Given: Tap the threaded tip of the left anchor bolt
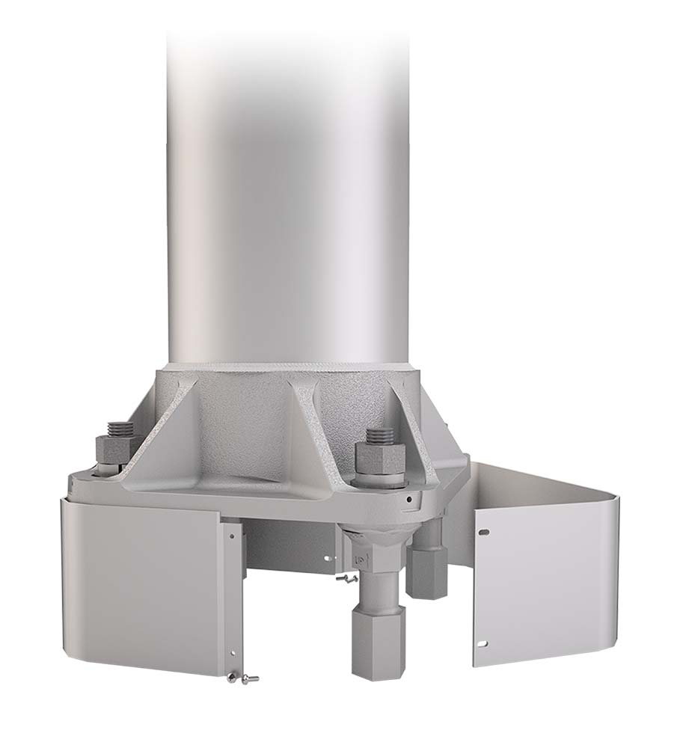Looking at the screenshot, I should [x=120, y=429].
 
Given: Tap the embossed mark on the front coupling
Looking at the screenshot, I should [x=358, y=557].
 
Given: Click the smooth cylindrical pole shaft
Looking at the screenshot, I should [x=288, y=187].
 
